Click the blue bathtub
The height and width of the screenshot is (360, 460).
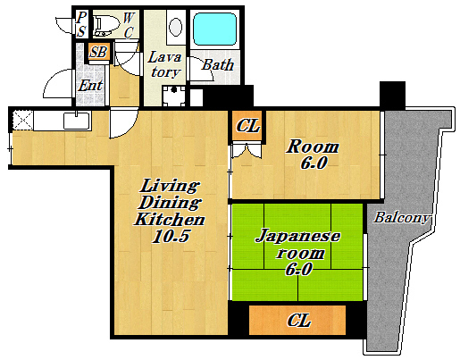point(215,29)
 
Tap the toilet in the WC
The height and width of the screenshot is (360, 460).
point(104,26)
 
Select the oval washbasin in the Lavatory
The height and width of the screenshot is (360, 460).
point(176,26)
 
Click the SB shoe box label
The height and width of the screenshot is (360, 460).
point(99,53)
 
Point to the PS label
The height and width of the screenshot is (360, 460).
point(80,24)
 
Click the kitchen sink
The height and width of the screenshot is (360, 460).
point(77,121)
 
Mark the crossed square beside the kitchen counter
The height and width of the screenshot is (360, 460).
point(22,120)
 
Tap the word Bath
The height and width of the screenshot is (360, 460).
point(218,65)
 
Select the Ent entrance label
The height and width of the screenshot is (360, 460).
point(90,86)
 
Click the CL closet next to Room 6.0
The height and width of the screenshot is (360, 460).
point(247,126)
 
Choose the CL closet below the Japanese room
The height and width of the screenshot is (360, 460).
point(297,320)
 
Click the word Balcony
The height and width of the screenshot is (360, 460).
point(402,217)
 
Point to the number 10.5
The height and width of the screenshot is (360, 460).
point(171,236)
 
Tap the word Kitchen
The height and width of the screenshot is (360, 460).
point(170,220)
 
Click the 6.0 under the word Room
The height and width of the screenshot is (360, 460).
point(314,163)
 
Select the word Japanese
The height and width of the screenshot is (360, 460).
point(298,237)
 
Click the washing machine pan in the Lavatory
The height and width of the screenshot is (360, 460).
point(174,96)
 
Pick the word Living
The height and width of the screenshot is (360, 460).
point(169,185)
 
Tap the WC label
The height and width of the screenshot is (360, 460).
point(129,25)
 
